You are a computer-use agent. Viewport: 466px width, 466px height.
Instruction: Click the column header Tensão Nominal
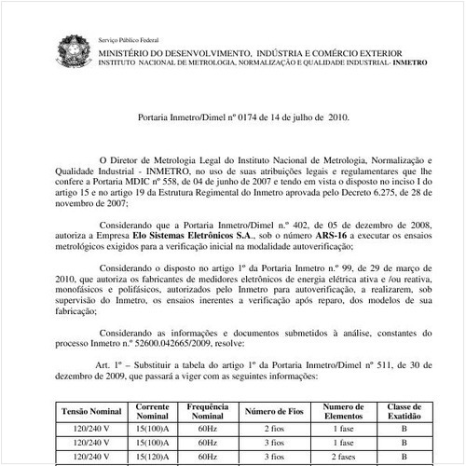[90, 409]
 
